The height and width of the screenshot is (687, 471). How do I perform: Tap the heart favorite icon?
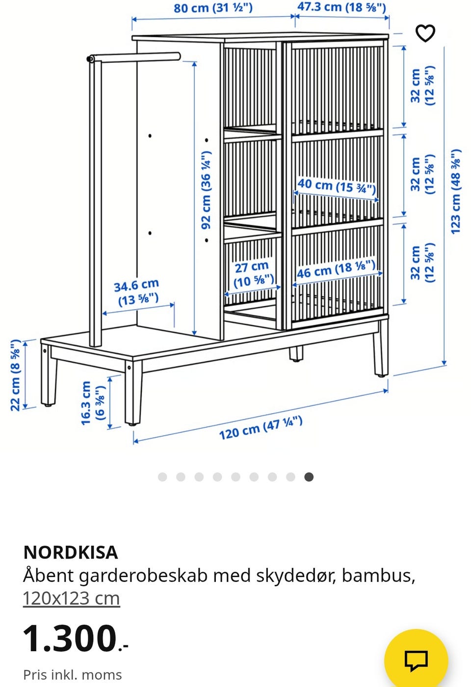[x=425, y=33]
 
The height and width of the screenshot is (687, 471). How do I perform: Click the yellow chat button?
[x=416, y=660]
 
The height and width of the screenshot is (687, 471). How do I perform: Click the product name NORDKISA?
[x=71, y=553]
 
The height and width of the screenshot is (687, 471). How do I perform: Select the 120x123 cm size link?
[x=71, y=598]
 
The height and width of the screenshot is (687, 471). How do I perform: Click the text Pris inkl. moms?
[x=72, y=675]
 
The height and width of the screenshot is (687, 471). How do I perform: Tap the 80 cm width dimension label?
[x=213, y=8]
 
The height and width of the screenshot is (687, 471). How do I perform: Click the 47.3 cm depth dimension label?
[x=341, y=7]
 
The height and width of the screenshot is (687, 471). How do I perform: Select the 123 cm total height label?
[x=456, y=191]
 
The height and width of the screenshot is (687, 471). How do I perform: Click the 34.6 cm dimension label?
[x=137, y=292]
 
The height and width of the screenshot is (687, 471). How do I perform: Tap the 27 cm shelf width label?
[x=252, y=274]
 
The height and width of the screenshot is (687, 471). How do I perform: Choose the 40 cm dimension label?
[x=337, y=185]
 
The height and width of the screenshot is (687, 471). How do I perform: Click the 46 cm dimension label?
[x=336, y=269]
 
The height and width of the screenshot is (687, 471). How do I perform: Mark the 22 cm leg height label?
[x=16, y=375]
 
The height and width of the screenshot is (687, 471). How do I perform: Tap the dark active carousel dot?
[x=309, y=477]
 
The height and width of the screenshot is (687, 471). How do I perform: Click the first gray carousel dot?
[x=162, y=477]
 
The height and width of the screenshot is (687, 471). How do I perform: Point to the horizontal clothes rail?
[x=135, y=57]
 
